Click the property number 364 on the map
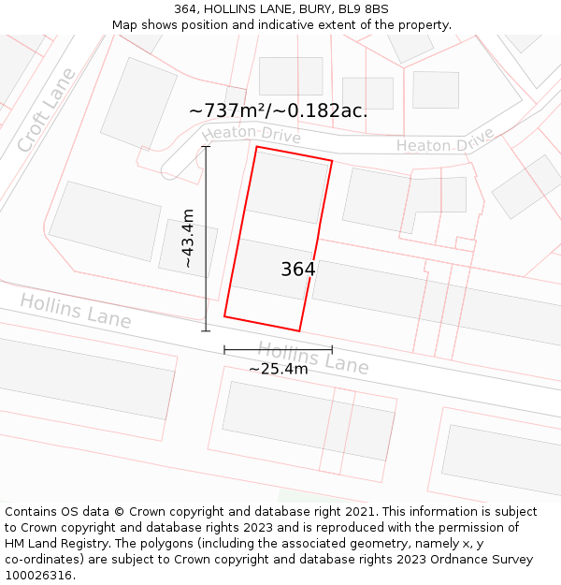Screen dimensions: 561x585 click(x=298, y=270)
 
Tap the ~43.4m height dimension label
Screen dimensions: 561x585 click(x=188, y=238)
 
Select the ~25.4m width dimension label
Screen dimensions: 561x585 click(x=278, y=369)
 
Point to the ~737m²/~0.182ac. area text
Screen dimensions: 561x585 click(x=278, y=110)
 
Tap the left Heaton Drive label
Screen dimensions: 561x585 click(x=251, y=135)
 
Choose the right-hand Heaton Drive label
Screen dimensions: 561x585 click(x=445, y=143)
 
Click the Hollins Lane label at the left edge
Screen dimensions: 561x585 click(x=75, y=311)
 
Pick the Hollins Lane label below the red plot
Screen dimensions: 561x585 click(x=313, y=358)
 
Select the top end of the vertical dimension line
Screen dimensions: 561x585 click(x=206, y=146)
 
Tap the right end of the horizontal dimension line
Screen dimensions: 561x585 click(x=332, y=350)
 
